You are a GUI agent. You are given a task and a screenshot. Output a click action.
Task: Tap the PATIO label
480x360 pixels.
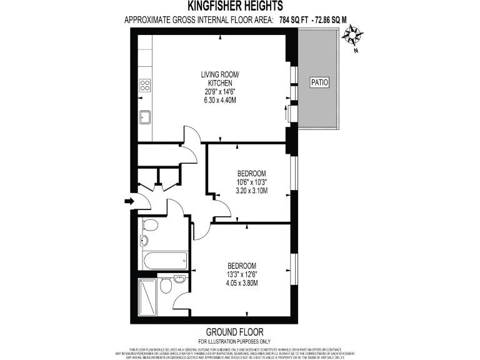(319, 82)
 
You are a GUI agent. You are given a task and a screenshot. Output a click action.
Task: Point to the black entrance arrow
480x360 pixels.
(129, 201)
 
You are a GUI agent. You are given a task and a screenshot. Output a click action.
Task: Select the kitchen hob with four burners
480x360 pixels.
(145, 85)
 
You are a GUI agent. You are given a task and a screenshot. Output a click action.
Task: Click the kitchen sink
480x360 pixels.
(144, 116)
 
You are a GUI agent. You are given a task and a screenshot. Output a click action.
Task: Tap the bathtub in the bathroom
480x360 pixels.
(164, 260)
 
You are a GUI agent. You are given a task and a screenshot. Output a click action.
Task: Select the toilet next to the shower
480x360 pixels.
(166, 286)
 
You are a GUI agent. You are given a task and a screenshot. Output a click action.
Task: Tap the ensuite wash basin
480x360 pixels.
(179, 279)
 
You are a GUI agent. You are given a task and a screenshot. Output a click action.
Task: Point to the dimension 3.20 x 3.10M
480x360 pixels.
(252, 190)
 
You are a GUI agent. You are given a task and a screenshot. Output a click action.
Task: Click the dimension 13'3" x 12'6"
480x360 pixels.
(242, 273)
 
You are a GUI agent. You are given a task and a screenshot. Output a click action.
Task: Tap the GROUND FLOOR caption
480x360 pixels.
(234, 332)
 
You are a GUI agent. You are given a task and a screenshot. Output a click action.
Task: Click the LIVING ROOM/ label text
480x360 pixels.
(220, 75)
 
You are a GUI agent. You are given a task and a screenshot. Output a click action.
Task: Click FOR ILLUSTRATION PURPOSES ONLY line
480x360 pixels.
(234, 341)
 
